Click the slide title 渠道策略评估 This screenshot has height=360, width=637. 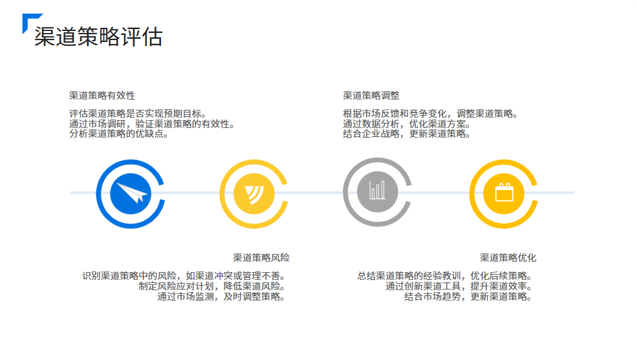(98, 36)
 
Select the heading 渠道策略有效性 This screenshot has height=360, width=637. (102, 96)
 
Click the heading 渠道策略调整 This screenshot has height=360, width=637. (371, 96)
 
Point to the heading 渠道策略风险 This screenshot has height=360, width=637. (261, 257)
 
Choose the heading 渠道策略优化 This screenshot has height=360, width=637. (508, 257)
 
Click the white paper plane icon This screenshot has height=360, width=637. (129, 193)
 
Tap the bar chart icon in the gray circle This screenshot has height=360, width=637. (376, 191)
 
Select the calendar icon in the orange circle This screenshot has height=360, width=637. (503, 193)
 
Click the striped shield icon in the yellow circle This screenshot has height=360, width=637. (254, 193)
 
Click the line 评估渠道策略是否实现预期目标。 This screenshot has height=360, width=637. (137, 114)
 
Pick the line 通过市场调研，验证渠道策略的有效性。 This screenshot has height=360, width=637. (151, 124)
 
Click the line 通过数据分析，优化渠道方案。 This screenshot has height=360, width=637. (406, 124)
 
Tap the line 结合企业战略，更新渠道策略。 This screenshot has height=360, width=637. (406, 134)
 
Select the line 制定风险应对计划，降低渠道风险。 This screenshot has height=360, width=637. (212, 286)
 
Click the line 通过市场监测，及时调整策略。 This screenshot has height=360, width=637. (221, 297)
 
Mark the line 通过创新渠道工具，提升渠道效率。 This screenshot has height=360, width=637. (459, 286)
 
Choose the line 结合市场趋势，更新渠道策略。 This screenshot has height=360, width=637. (468, 297)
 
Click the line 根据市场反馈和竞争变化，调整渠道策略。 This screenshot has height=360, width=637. (431, 114)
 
